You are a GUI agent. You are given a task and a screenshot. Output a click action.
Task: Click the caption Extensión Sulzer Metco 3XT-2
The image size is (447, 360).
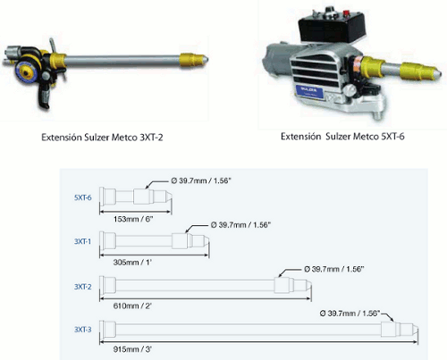pyautogui.click(x=102, y=138)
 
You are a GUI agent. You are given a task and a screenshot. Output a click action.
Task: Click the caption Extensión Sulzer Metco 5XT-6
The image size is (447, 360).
pyautogui.click(x=342, y=137)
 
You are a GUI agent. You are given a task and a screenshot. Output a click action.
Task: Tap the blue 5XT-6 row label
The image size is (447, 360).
pyautogui.click(x=83, y=197)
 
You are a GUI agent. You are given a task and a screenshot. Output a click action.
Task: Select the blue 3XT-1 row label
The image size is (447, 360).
pyautogui.click(x=82, y=241)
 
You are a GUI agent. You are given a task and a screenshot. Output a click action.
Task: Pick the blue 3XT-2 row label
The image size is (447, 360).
pyautogui.click(x=83, y=287)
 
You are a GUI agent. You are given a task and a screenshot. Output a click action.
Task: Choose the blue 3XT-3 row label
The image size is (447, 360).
pyautogui.click(x=83, y=330)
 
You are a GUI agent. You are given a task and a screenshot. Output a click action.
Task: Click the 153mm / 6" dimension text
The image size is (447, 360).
pyautogui.click(x=133, y=219)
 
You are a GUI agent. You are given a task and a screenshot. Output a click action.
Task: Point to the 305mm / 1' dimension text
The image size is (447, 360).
pyautogui.click(x=132, y=263)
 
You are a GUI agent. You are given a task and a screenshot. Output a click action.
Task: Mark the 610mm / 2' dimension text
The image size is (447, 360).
pyautogui.click(x=132, y=306)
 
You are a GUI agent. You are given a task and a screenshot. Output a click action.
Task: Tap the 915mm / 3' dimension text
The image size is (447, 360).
pyautogui.click(x=132, y=349)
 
